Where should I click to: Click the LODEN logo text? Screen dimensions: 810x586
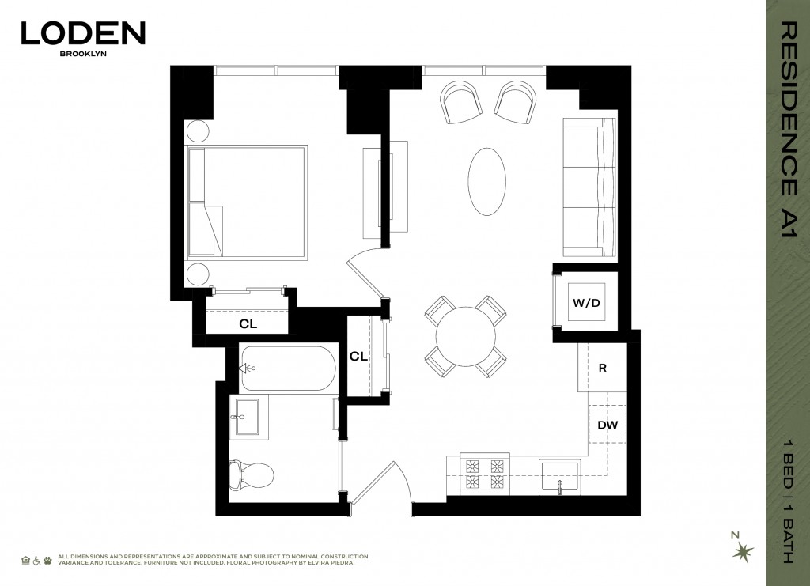pyautogui.click(x=83, y=33)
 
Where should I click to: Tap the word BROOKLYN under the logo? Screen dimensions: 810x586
pyautogui.click(x=83, y=53)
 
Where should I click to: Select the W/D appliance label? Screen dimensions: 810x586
pyautogui.click(x=586, y=303)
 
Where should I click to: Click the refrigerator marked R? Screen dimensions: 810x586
pyautogui.click(x=602, y=368)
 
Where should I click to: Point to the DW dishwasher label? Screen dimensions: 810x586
pyautogui.click(x=607, y=425)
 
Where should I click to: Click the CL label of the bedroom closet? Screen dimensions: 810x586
pyautogui.click(x=248, y=324)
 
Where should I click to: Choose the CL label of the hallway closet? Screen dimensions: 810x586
pyautogui.click(x=358, y=356)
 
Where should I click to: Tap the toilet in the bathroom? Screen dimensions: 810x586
pyautogui.click(x=251, y=474)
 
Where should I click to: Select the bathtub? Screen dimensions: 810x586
pyautogui.click(x=288, y=368)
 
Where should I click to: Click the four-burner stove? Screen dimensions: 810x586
pyautogui.click(x=485, y=474)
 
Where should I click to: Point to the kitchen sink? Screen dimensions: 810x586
pyautogui.click(x=559, y=477)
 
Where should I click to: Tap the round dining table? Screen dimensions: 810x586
pyautogui.click(x=465, y=336)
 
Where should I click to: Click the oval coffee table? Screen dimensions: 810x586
pyautogui.click(x=486, y=182)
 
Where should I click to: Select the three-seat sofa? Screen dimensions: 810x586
pyautogui.click(x=589, y=187)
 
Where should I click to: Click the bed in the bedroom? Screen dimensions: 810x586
pyautogui.click(x=248, y=202)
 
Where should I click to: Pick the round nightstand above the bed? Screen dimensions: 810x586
pyautogui.click(x=199, y=131)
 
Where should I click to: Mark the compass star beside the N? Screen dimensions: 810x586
pyautogui.click(x=743, y=552)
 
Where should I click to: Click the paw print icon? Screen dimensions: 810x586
pyautogui.click(x=47, y=560)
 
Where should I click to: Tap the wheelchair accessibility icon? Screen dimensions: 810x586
pyautogui.click(x=36, y=560)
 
